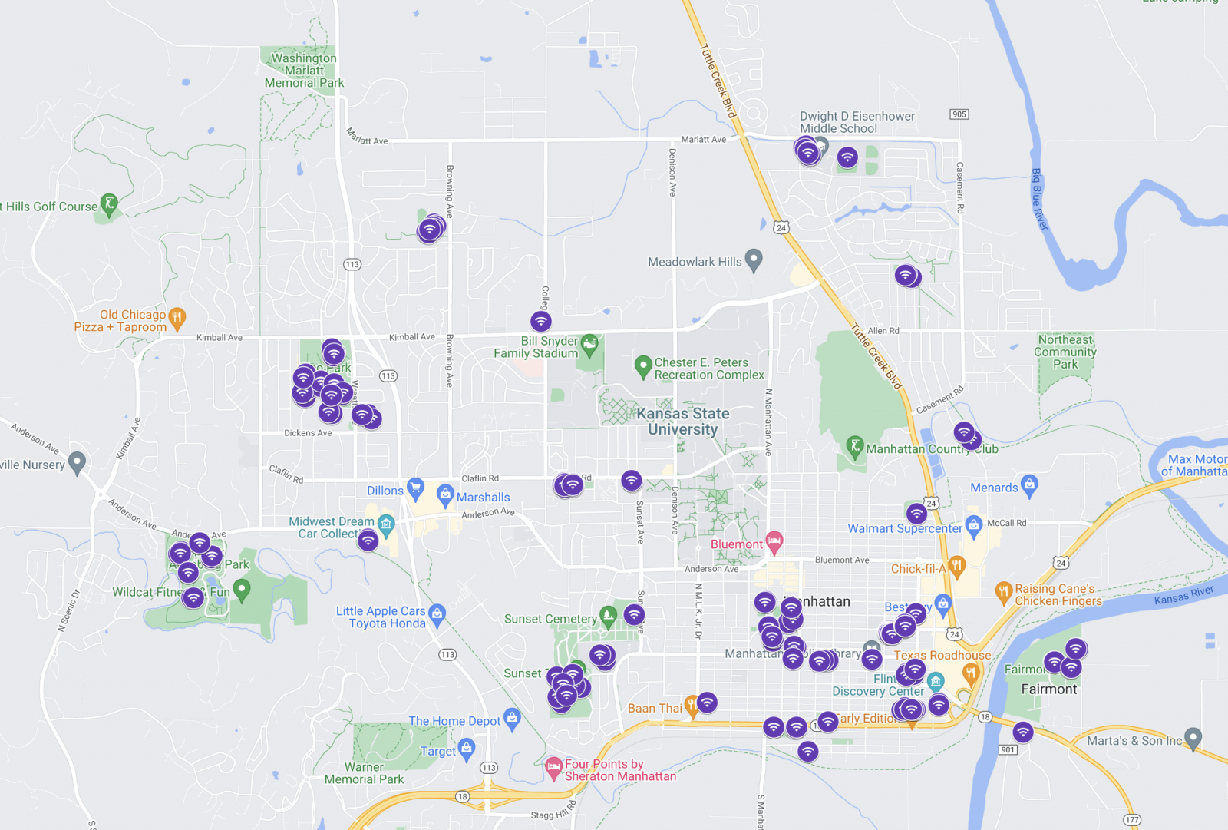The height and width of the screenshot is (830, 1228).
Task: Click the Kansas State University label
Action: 682,422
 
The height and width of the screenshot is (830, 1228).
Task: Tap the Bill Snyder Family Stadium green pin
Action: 589,345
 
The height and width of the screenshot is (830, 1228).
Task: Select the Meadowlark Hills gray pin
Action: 754,260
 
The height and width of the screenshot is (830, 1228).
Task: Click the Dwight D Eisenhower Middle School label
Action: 857,122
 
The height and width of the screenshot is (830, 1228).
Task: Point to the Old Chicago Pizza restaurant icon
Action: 177,317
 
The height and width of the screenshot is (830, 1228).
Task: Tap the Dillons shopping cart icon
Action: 415,487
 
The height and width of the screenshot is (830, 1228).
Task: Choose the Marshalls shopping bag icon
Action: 445,494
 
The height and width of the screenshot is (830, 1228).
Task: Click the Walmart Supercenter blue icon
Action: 974,526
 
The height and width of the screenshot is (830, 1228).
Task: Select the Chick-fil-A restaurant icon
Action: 956,567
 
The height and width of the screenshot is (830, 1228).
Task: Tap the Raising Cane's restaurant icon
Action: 1003,591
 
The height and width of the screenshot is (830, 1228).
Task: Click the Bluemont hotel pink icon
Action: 774,542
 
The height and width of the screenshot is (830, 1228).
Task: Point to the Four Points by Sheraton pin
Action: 553,767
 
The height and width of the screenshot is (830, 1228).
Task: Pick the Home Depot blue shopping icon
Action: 512,719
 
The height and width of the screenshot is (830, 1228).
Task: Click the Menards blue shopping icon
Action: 1029,484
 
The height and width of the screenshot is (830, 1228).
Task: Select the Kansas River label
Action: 1183,595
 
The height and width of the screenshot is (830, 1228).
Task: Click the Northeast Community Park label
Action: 1065,352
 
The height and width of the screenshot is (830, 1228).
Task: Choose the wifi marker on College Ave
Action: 540,321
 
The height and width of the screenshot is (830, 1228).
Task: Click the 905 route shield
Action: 959,114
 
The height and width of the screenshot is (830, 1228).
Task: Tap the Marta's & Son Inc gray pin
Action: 1193,738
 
